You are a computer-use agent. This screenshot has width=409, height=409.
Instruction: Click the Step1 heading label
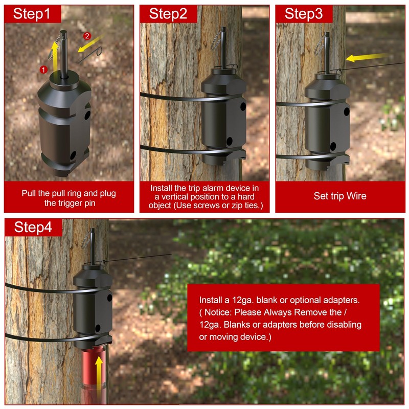coord(32,14)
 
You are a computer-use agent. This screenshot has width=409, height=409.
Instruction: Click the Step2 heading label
coord(168,14)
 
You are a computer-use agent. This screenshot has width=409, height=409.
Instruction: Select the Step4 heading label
coord(33,228)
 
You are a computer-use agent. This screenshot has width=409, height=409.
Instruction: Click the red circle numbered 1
coord(44,69)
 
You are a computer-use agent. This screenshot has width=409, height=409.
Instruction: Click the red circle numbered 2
coord(87,36)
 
